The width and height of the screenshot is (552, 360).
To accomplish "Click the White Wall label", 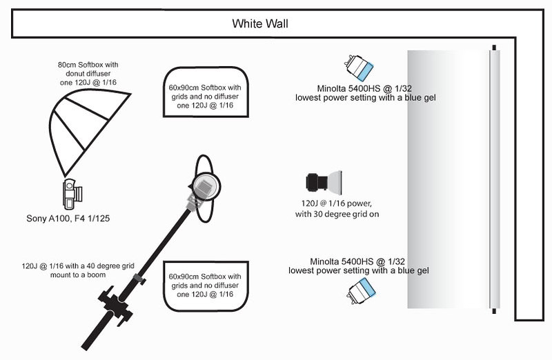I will [x=259, y=24].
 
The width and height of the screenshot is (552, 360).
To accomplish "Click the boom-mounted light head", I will [x=204, y=187].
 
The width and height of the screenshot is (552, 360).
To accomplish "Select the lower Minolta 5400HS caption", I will [x=359, y=266].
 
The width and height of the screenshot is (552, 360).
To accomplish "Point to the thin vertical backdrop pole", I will [x=493, y=179].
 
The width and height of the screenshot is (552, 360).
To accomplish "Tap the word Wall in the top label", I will [x=276, y=24].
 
